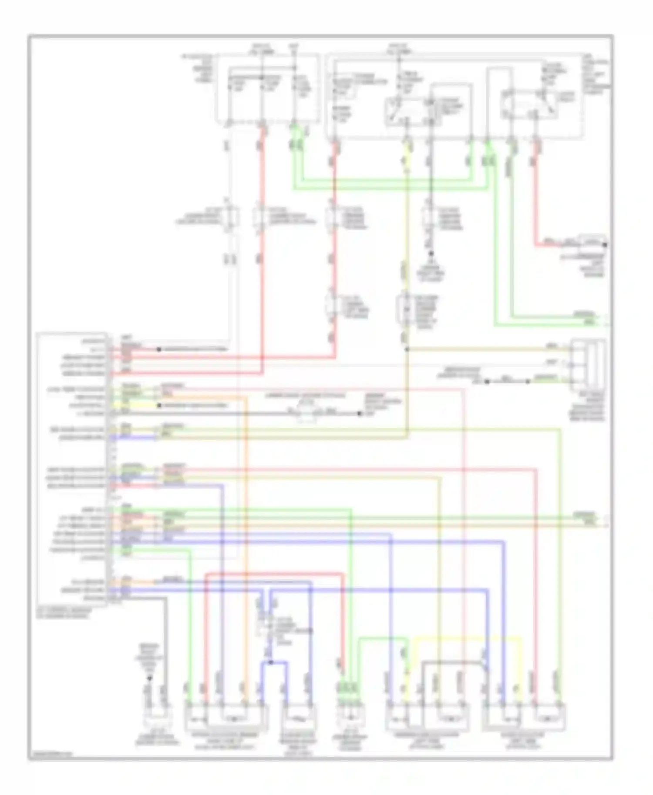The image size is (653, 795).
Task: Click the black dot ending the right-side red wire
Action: [605, 245]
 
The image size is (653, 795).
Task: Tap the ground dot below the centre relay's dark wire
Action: [431, 253]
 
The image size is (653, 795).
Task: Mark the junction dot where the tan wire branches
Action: [407, 349]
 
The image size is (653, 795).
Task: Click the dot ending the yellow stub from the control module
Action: [160, 405]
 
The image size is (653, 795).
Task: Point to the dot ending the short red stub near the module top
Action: [159, 349]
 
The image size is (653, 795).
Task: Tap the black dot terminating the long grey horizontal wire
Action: [360, 414]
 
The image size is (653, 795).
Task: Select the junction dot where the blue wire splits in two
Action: [270, 662]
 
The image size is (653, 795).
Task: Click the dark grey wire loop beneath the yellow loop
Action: [453, 662]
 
